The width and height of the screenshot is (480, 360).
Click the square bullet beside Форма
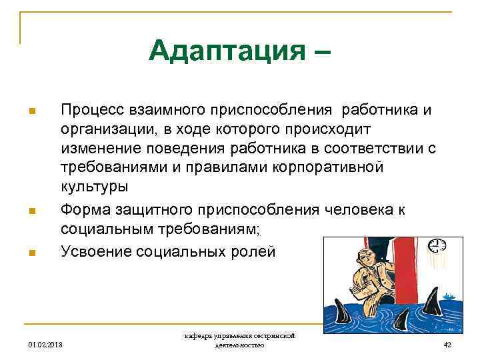(31, 211)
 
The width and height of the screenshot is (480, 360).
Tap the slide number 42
(447, 345)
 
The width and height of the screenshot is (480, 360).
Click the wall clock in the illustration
(437, 245)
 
